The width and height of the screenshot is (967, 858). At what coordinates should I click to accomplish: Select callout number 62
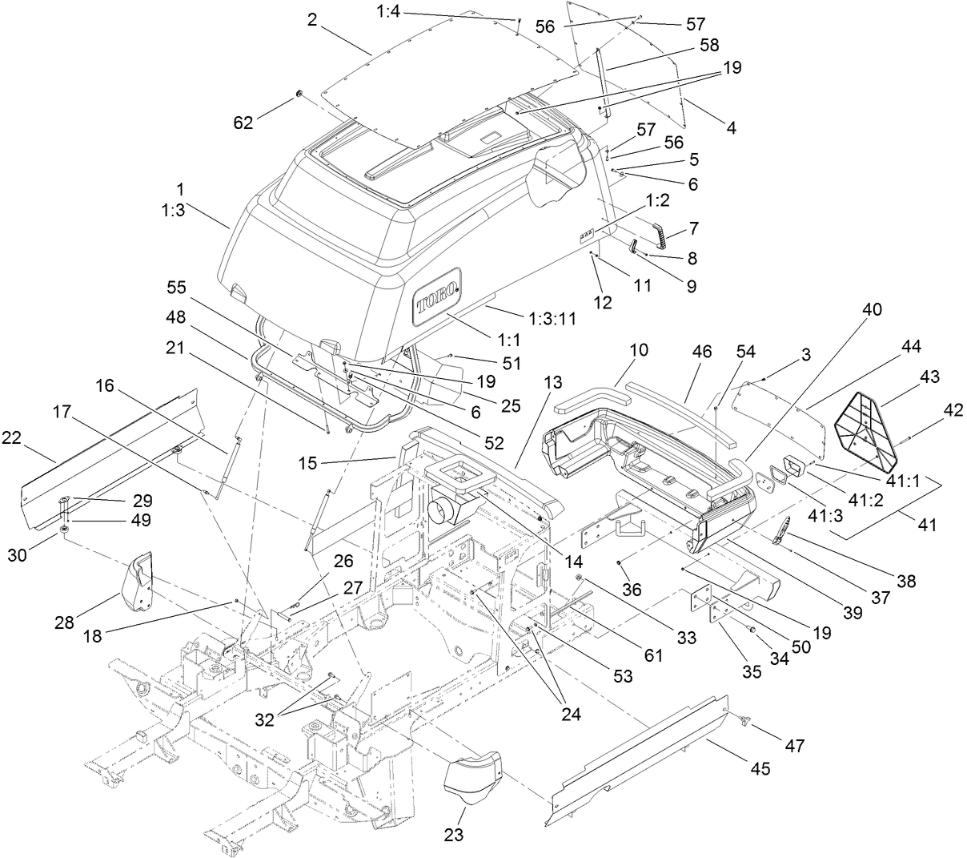(243, 123)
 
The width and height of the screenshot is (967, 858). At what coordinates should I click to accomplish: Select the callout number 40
(873, 308)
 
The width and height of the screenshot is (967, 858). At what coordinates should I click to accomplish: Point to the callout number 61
(653, 655)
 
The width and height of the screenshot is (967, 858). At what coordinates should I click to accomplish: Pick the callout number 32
(276, 719)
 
